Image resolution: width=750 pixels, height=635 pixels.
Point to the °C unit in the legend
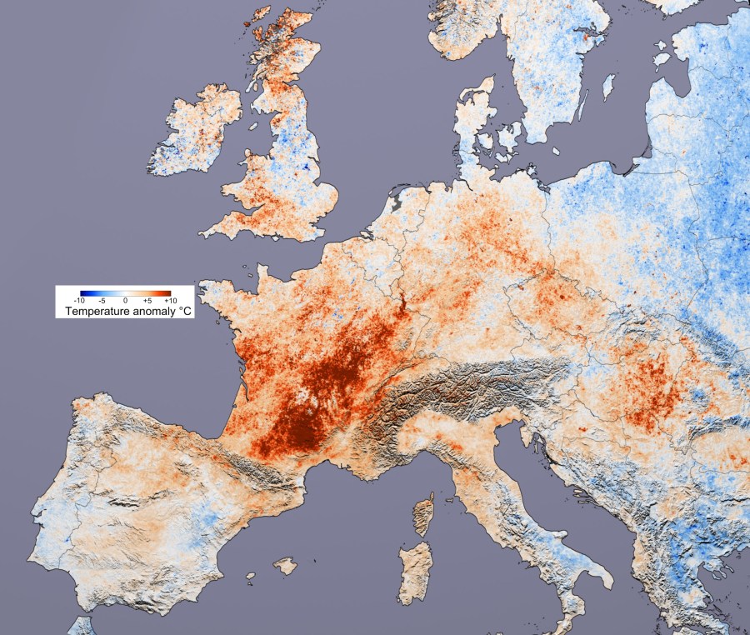(x=184, y=311)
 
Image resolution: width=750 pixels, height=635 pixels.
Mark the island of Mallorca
(x=285, y=567)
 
